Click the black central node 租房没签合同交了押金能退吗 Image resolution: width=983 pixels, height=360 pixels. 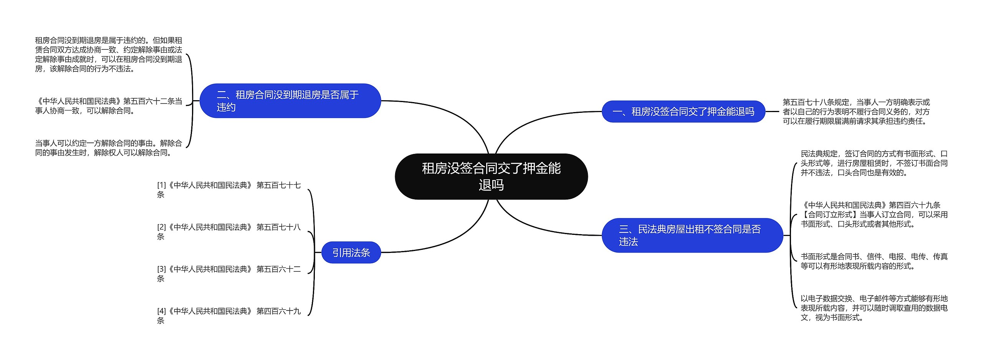491,177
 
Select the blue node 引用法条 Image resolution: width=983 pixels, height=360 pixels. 351,253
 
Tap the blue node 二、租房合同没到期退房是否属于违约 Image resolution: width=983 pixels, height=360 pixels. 290,101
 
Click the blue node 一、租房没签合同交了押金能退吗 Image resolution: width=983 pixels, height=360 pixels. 683,112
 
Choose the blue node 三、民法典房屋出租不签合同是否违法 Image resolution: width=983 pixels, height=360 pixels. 692,235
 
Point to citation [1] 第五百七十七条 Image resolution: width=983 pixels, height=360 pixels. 228,190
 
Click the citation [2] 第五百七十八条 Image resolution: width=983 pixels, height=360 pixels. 228,232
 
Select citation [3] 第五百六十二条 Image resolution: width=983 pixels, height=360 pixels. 228,274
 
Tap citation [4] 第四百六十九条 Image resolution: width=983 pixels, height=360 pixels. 228,315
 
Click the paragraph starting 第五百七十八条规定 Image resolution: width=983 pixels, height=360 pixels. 856,112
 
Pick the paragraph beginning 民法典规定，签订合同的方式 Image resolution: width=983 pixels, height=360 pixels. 874,163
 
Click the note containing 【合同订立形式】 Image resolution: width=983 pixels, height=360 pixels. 874,215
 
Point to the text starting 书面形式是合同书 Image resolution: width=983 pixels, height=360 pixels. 874,261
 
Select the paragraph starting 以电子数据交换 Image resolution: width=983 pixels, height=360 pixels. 874,308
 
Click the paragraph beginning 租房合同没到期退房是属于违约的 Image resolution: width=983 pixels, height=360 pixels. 108,54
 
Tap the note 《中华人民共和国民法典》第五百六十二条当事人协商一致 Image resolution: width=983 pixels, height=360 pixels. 108,106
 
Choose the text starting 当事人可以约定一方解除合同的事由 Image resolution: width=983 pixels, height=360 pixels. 108,148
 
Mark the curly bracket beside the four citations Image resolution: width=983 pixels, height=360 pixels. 313,252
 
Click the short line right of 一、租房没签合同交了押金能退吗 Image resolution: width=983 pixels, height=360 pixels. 772,112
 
